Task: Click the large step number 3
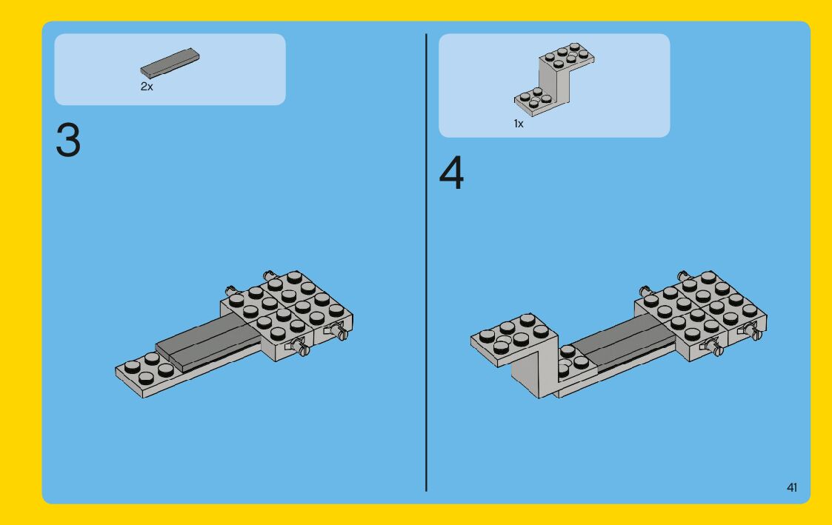(x=68, y=140)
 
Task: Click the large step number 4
(x=451, y=173)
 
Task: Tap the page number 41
(x=792, y=487)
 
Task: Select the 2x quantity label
(x=147, y=87)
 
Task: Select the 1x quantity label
(x=519, y=124)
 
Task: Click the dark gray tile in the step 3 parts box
(x=170, y=63)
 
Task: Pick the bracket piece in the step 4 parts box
(x=553, y=79)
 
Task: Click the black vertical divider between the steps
(x=426, y=262)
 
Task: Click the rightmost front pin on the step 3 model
(x=339, y=332)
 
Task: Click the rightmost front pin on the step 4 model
(x=753, y=332)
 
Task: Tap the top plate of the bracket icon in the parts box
(x=567, y=56)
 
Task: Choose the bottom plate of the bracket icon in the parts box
(x=533, y=102)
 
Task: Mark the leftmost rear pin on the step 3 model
(x=231, y=291)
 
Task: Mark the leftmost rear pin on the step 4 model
(x=645, y=291)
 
